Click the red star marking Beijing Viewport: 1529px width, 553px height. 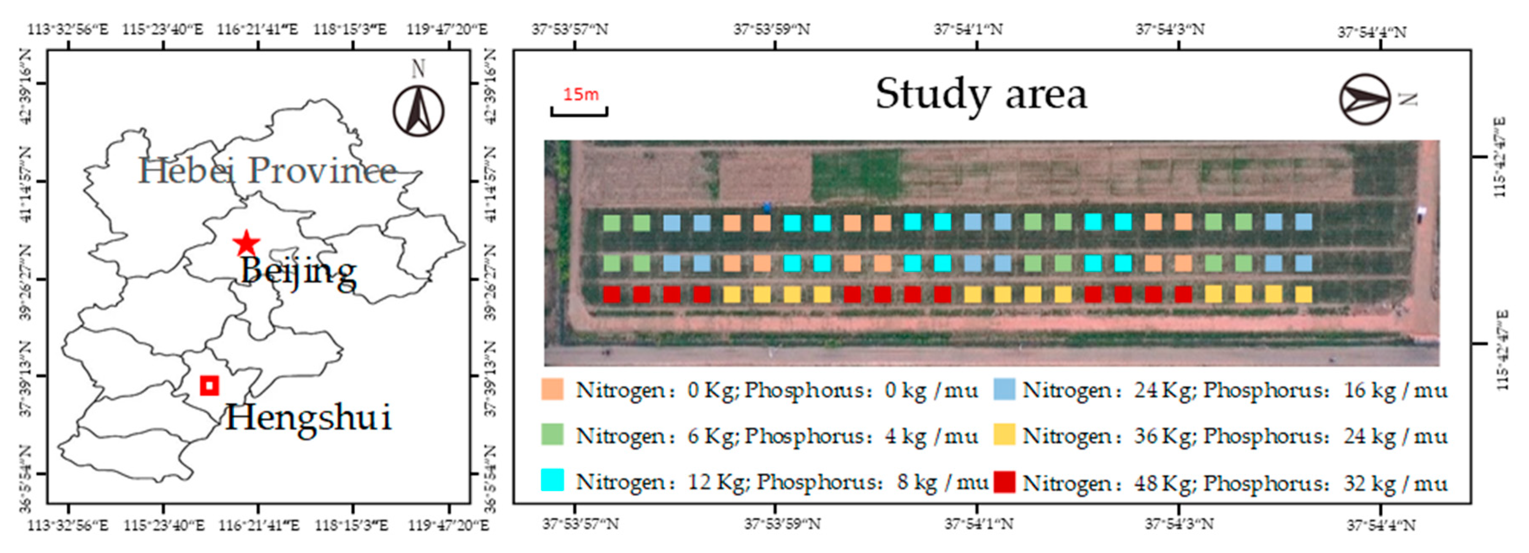coord(246,242)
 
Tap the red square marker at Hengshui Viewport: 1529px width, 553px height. coord(209,385)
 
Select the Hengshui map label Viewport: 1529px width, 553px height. coord(308,417)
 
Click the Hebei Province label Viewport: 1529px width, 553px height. coord(267,171)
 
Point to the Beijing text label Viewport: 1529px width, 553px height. coord(298,272)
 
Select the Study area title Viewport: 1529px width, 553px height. coord(981,94)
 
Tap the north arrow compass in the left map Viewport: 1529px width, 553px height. coord(419,110)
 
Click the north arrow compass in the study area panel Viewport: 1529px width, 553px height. coord(1365,99)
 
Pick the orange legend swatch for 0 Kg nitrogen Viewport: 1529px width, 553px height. coord(552,389)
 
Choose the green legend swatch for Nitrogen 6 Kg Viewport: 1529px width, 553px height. coord(552,435)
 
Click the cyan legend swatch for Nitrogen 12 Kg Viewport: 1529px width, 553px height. coord(552,480)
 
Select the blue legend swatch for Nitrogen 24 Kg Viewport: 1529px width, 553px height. coord(1004,389)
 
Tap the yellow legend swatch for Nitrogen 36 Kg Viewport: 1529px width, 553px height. coord(1004,435)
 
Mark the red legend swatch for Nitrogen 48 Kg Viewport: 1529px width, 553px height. coord(1004,482)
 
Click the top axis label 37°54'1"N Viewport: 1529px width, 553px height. coord(968,29)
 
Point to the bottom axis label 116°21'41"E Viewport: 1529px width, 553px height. coord(258,525)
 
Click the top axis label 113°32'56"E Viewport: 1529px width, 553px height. coord(68,29)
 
